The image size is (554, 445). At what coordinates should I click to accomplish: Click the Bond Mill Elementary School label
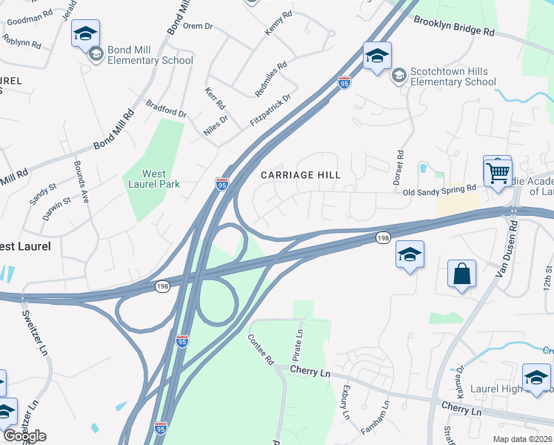[150, 55]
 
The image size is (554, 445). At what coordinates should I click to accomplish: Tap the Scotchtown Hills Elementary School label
[453, 76]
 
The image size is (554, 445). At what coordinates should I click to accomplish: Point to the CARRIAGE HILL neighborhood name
[301, 175]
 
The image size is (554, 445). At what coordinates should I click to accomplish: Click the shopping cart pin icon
[498, 173]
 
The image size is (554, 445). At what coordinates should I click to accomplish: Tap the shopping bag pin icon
[461, 274]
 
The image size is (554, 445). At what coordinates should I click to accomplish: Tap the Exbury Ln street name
[345, 403]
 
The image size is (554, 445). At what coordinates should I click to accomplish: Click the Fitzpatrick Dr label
[270, 108]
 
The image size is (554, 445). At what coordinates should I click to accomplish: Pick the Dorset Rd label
[400, 168]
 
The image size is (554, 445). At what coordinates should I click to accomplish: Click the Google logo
[24, 435]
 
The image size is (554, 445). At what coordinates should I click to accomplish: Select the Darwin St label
[56, 200]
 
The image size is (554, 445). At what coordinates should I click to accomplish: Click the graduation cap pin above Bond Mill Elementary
[85, 34]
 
